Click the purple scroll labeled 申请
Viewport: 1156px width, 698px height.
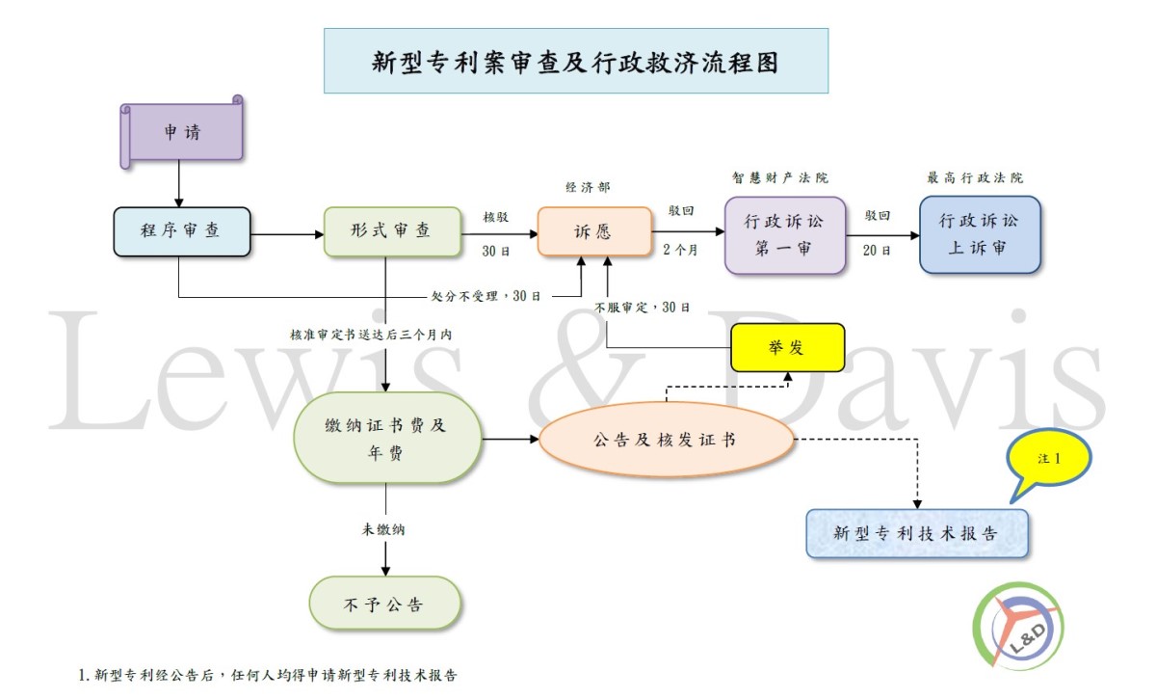(182, 132)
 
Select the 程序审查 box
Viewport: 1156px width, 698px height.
(182, 231)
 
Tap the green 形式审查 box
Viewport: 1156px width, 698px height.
(392, 231)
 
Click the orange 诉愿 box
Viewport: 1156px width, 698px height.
(594, 231)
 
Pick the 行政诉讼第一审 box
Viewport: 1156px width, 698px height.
(784, 235)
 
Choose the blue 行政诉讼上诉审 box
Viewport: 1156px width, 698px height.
(980, 234)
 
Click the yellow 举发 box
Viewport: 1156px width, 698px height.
(788, 347)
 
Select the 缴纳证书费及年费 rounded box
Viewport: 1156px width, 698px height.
(387, 438)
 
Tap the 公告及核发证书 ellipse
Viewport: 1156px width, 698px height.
(666, 440)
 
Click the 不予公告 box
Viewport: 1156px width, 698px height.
(385, 603)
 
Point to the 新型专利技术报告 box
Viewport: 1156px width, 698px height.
(917, 534)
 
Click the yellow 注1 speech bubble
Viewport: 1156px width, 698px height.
(1048, 460)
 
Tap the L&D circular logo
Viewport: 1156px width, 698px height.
(1017, 627)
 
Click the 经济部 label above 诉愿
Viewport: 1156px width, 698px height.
(588, 187)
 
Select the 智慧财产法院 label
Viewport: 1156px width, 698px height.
(780, 177)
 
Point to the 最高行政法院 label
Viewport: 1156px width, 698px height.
(975, 177)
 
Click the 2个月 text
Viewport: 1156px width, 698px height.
(680, 250)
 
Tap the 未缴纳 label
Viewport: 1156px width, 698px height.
(383, 529)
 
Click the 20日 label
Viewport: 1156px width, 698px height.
(877, 251)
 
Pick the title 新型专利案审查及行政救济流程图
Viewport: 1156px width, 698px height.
(575, 63)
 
